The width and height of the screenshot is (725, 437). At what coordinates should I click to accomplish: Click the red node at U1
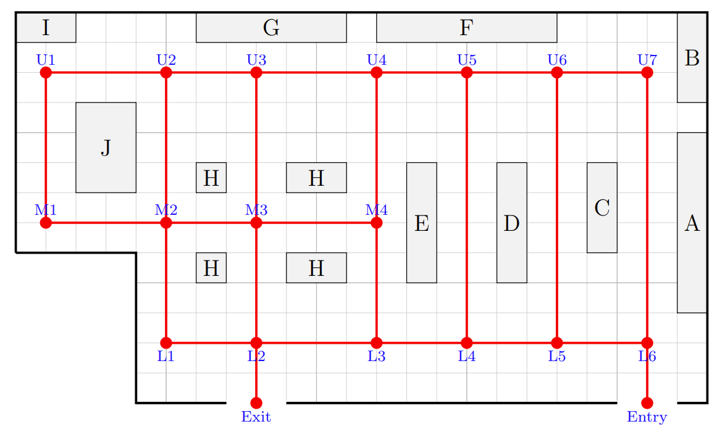click(x=46, y=73)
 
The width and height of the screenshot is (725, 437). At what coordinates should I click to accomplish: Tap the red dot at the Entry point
click(x=647, y=403)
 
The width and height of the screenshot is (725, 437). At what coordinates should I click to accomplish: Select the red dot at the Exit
click(x=256, y=403)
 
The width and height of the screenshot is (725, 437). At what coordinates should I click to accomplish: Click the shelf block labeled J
click(x=106, y=148)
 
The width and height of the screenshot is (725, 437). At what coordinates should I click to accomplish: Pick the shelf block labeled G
click(x=272, y=28)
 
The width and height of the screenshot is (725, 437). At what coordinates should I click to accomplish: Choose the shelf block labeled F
click(x=466, y=28)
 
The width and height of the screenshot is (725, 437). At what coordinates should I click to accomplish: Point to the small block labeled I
click(x=46, y=28)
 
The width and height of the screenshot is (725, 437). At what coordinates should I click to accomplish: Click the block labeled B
click(x=692, y=58)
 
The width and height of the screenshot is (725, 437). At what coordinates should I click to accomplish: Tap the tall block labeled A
click(x=692, y=223)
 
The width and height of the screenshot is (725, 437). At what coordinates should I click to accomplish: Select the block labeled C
click(x=602, y=207)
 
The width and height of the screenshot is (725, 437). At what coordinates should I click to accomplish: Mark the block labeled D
click(x=512, y=223)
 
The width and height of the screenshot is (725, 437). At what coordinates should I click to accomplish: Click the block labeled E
click(x=422, y=223)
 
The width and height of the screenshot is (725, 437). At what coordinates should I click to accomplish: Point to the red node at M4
click(x=377, y=223)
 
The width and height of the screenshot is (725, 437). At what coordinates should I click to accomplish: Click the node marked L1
click(x=166, y=343)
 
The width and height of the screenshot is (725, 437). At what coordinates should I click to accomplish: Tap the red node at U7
click(x=647, y=73)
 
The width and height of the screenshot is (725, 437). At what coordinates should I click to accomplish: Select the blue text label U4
click(x=377, y=60)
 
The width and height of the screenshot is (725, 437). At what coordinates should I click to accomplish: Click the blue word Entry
click(x=647, y=417)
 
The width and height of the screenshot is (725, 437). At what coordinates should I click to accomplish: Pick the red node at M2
click(x=166, y=223)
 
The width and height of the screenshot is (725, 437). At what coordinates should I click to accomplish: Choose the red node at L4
click(x=467, y=343)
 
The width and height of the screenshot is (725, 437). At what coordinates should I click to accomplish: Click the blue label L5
click(x=557, y=356)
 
